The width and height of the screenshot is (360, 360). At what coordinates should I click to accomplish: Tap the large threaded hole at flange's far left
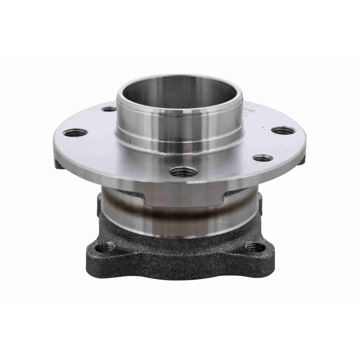click(x=75, y=132)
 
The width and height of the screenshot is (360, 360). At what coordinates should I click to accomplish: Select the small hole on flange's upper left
click(x=108, y=109)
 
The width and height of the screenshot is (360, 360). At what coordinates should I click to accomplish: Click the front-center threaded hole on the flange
click(x=180, y=172)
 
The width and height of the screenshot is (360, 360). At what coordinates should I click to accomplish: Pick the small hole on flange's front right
click(x=262, y=158)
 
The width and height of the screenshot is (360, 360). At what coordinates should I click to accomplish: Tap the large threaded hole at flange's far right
click(x=283, y=131)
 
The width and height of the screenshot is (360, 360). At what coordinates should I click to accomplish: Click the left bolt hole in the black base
click(x=106, y=246)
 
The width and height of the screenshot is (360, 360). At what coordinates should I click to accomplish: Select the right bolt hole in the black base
click(x=255, y=246)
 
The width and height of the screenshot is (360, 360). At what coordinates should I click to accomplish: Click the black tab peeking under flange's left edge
click(x=59, y=164)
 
